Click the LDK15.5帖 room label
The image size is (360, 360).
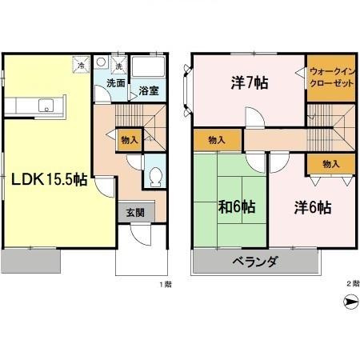49,180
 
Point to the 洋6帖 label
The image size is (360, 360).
311,208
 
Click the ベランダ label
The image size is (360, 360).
255,262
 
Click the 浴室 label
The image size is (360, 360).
149,90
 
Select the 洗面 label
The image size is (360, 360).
114,82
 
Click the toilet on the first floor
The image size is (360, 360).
154,177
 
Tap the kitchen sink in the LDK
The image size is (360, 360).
46,103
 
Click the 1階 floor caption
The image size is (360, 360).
165,284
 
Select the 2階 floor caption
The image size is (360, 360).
352,284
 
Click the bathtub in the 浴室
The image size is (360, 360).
148,67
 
